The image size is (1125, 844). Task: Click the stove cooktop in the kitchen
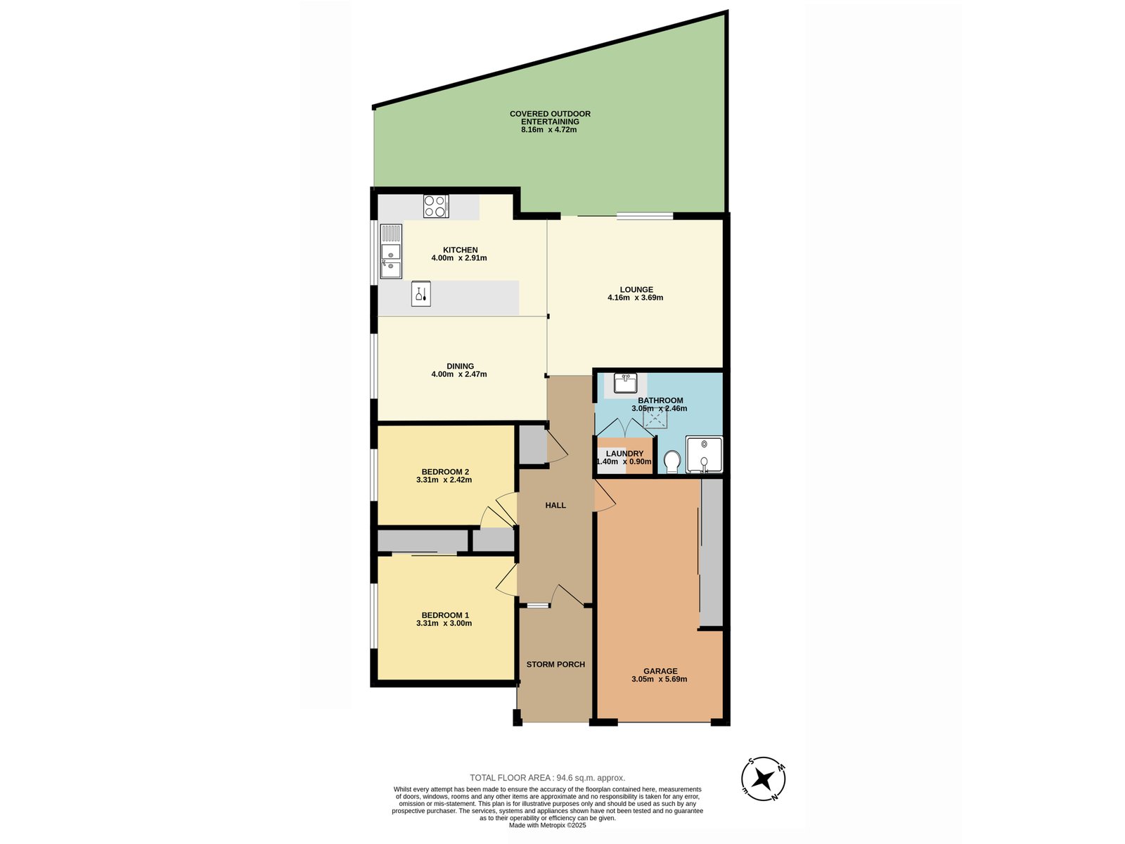coord(436,206)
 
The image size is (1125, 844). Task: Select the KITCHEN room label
coord(460,250)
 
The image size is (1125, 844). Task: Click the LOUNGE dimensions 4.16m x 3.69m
coord(635,298)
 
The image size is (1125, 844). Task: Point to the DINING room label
coord(460,366)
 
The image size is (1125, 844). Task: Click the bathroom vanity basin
coord(624,383)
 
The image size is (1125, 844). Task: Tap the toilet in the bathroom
coord(671,461)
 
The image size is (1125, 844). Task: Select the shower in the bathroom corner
coord(703,454)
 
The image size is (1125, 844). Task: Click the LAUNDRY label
coord(624,454)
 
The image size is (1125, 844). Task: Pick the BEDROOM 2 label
coord(445,471)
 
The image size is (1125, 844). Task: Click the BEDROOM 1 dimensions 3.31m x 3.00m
coord(444,623)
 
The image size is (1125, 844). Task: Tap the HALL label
coord(555,505)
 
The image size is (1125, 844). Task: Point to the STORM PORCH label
coord(555,664)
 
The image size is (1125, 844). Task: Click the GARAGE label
coord(660,671)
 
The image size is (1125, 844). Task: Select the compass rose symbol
coord(763,779)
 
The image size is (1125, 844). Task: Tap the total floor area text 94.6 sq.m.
coord(547,778)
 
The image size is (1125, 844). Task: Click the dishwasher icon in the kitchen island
coord(420,294)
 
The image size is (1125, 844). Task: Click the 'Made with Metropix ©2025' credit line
coord(547,825)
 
